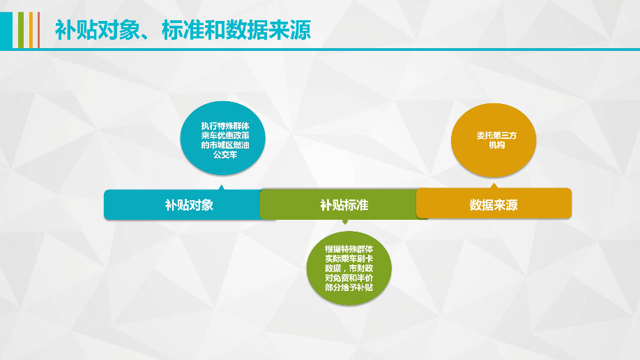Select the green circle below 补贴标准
coord(349,268)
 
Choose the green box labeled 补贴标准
coord(344,204)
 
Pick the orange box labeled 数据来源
coord(494,204)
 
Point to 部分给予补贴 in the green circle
coord(349,287)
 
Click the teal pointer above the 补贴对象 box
coord(221,187)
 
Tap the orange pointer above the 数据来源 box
coord(494,186)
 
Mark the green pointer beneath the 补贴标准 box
coord(344,222)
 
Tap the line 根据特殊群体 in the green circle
coord(349,248)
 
